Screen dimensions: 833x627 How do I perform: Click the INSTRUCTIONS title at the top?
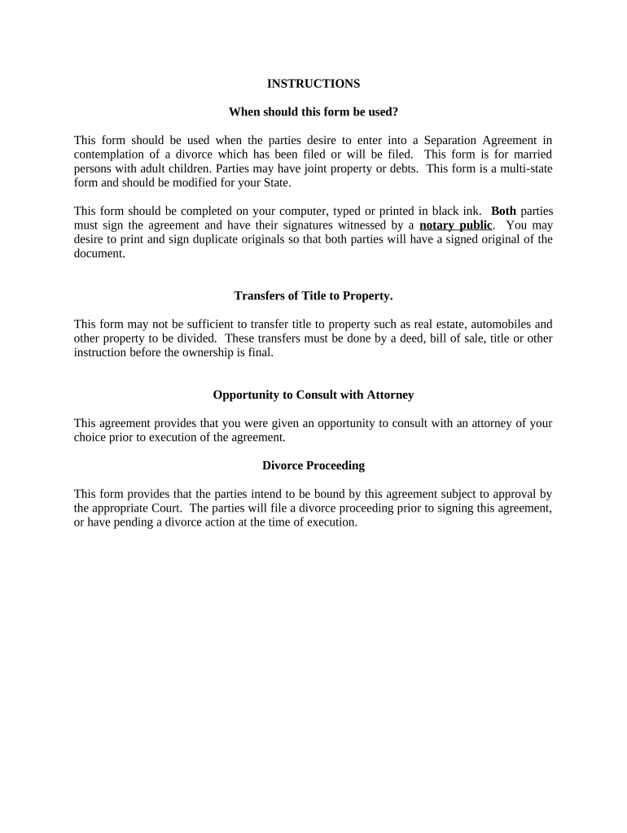[x=313, y=84]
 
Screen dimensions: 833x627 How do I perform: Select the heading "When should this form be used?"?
[x=313, y=111]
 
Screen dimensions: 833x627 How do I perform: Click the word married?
[x=531, y=155]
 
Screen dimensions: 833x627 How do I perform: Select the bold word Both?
[x=503, y=211]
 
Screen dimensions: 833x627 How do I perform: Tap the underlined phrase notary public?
[x=456, y=225]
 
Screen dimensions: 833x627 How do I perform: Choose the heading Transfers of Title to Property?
[x=313, y=295]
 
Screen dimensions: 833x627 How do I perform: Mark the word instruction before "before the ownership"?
[x=101, y=352]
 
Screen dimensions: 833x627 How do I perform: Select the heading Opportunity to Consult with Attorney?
[x=313, y=395]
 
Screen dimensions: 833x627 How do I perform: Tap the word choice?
[x=90, y=438]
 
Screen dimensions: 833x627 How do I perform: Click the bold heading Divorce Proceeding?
[x=313, y=466]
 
